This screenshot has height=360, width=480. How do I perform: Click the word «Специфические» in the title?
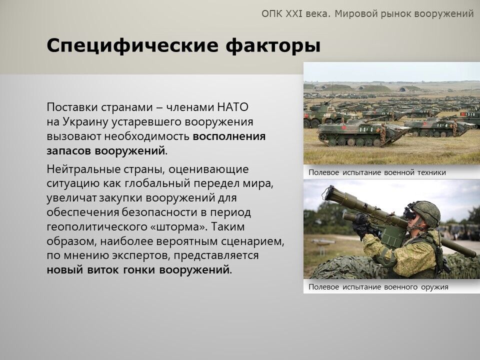coord(132,46)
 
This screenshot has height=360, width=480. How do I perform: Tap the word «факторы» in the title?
coord(273,46)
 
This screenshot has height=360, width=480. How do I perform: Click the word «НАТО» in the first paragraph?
coord(232,107)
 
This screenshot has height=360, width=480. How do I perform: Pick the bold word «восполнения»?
coord(229,136)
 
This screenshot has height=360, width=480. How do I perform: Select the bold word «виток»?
coord(103,270)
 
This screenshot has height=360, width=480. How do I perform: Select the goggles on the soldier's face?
coord(410,213)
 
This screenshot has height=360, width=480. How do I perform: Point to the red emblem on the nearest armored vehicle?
coord(343,127)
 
